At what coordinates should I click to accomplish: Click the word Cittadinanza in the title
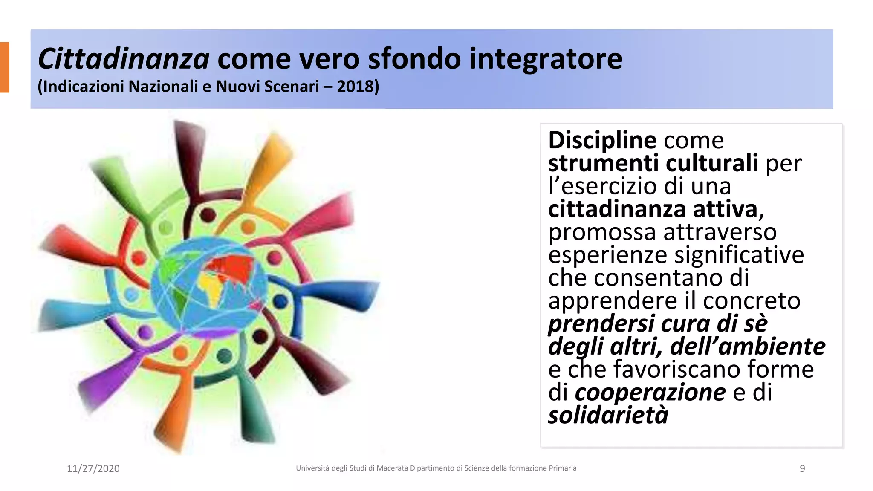(x=124, y=59)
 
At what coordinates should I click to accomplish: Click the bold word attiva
(x=725, y=209)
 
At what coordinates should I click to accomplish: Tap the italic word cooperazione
(x=650, y=392)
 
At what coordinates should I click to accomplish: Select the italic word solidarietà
(x=608, y=415)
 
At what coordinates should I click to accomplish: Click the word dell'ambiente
(x=748, y=346)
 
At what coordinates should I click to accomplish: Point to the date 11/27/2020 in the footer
(x=93, y=468)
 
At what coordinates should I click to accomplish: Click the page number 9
(x=802, y=468)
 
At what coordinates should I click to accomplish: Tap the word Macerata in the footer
(x=392, y=468)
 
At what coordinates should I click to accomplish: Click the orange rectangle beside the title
(x=4, y=67)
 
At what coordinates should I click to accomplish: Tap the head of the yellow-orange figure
(x=248, y=226)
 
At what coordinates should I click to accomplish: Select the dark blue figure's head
(x=280, y=301)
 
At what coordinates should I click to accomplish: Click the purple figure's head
(x=145, y=332)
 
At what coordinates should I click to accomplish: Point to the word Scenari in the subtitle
(x=292, y=87)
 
